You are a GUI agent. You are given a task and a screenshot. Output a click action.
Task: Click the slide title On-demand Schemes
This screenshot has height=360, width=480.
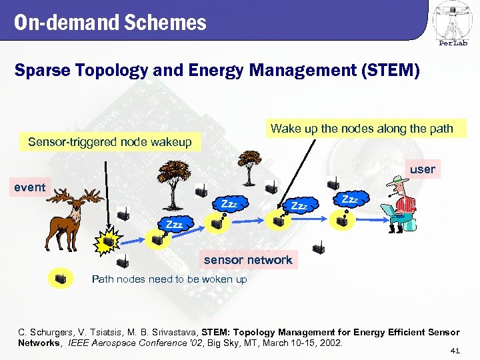[111, 23]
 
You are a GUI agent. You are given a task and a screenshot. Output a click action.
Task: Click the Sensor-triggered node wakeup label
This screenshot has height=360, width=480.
[109, 141]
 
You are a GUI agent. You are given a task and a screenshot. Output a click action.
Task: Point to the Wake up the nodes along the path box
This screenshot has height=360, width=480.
[361, 129]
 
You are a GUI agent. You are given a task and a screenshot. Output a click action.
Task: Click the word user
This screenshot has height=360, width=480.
[422, 169]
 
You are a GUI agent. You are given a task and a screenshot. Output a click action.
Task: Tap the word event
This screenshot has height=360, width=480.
[30, 187]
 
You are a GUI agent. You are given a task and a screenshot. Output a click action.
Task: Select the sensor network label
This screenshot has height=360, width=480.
[247, 260]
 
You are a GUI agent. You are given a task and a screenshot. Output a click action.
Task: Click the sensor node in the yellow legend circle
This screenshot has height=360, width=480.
[61, 279]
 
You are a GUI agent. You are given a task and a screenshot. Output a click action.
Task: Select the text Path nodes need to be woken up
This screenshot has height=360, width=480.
[169, 279]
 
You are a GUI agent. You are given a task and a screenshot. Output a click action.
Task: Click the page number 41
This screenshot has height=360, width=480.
[455, 350]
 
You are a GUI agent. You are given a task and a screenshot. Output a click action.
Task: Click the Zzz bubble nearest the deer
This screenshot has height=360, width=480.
[174, 225]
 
